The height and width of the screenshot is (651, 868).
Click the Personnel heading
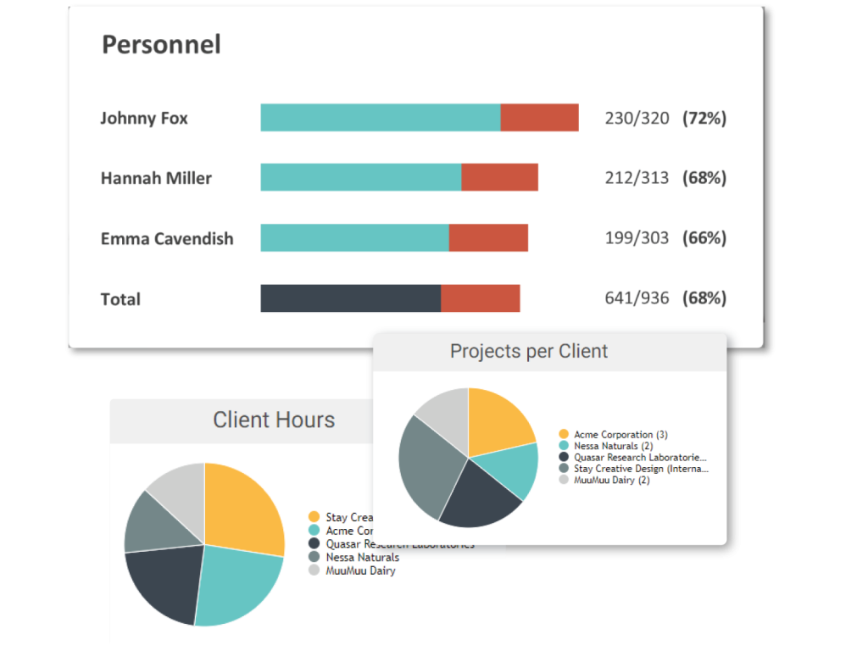[161, 44]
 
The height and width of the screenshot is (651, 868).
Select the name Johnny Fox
[144, 118]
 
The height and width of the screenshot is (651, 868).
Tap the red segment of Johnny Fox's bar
[539, 118]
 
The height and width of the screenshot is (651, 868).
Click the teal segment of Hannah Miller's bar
[360, 177]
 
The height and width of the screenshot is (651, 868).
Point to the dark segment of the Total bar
[350, 298]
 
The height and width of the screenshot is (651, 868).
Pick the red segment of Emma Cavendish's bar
[488, 238]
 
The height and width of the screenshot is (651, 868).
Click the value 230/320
[637, 118]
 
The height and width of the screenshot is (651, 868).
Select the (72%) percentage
[704, 118]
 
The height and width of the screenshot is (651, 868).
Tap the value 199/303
[637, 238]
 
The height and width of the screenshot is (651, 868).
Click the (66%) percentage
[704, 238]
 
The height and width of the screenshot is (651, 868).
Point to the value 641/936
[637, 298]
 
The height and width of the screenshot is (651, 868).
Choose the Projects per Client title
[529, 351]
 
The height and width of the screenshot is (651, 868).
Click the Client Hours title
[274, 420]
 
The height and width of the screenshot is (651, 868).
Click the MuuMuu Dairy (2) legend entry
[611, 480]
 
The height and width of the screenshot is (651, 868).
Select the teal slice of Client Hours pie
[237, 585]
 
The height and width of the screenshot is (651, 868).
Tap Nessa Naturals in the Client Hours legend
[362, 558]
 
